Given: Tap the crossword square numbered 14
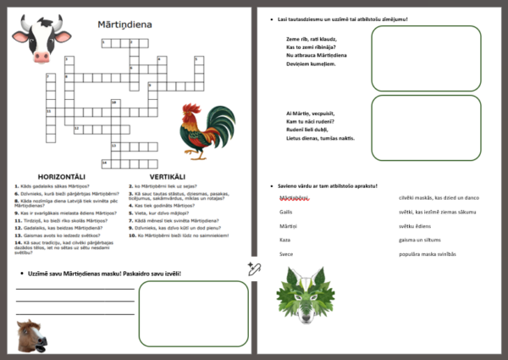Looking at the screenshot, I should tap(106, 162).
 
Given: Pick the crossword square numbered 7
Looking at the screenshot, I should tap(47, 77).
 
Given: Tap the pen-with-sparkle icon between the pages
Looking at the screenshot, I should tap(253, 269).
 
